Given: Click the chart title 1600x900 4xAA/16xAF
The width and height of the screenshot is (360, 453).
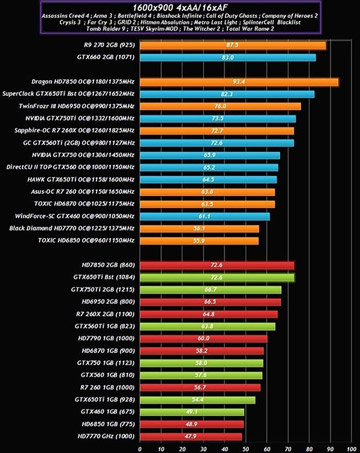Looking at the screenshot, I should [x=179, y=7].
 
